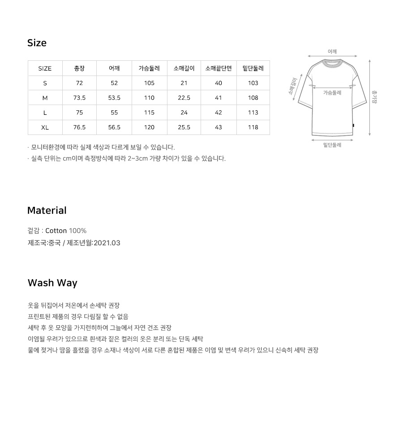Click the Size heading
pos(37,43)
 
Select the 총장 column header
pos(79,68)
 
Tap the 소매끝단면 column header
pos(219,68)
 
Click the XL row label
pos(45,127)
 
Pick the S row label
pos(45,83)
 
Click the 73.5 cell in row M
pos(79,98)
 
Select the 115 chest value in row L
pos(149,113)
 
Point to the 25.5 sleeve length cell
pos(184,127)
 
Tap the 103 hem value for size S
pos(253,83)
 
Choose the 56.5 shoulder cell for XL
pos(114,127)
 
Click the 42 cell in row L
pos(219,113)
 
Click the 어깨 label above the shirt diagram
pos(332,52)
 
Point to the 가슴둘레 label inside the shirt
pos(332,93)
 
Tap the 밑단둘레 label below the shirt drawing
pos(332,145)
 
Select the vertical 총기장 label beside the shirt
pos(375,96)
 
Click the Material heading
pos(47,210)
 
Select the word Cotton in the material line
pos(56,231)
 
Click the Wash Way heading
pos(52,283)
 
